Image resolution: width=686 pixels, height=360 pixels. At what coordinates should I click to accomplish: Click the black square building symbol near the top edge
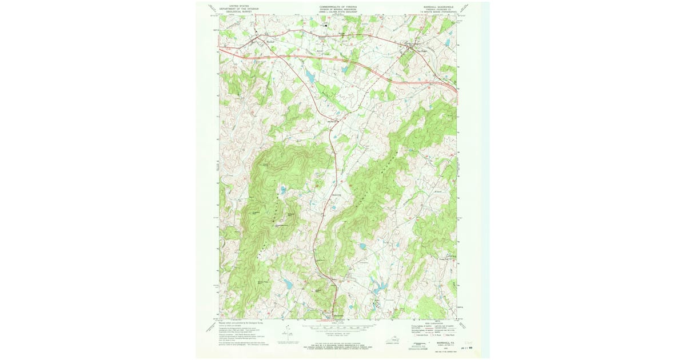pyautogui.click(x=326, y=25)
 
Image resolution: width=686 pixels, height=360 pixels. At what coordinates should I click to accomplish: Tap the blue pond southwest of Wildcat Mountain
pyautogui.click(x=288, y=283)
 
